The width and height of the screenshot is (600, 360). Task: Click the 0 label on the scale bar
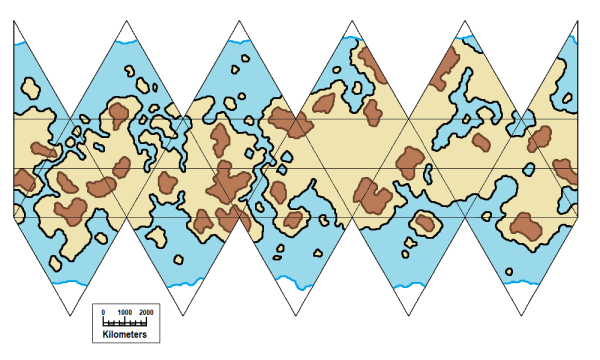(x=104, y=313)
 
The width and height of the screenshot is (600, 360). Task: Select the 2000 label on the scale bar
(x=147, y=313)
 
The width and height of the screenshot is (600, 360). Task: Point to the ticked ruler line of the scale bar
(x=126, y=322)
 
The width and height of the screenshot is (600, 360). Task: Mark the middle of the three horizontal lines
(x=300, y=169)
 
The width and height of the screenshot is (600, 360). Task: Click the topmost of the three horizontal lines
(x=300, y=119)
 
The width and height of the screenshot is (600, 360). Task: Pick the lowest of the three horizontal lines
(x=300, y=217)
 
